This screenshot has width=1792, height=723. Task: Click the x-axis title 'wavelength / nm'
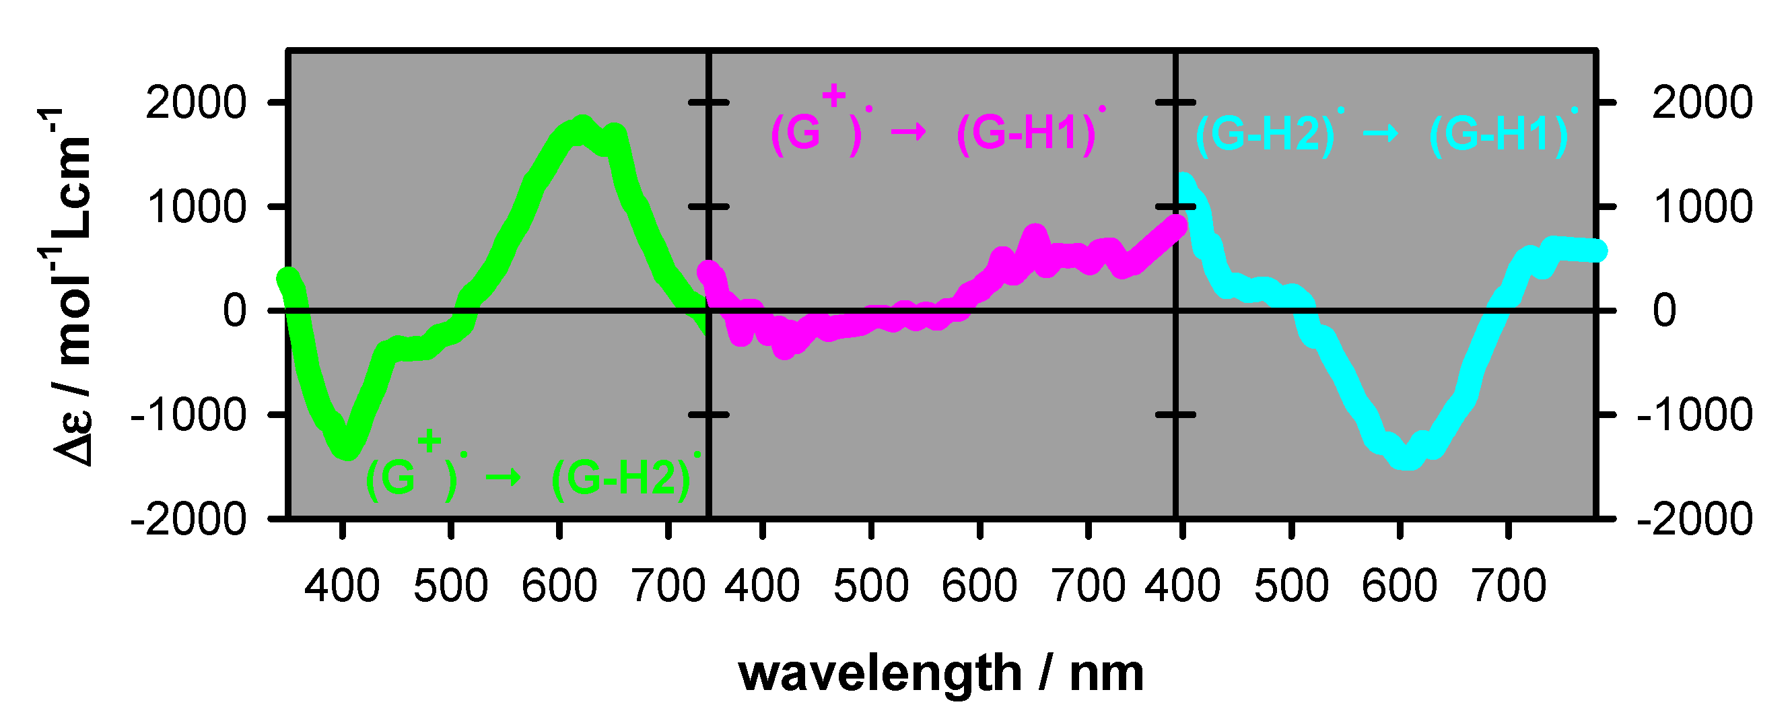(x=940, y=674)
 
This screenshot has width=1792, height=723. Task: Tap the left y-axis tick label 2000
(x=195, y=103)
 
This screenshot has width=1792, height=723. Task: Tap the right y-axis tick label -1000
(x=1694, y=415)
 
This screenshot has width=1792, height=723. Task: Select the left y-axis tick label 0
(x=234, y=310)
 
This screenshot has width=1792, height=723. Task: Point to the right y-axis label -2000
(x=1694, y=519)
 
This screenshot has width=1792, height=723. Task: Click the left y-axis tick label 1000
(x=197, y=207)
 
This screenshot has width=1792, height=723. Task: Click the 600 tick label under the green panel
(x=559, y=586)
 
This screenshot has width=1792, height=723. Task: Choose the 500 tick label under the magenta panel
(x=870, y=586)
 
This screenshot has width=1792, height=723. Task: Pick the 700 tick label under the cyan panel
(x=1508, y=586)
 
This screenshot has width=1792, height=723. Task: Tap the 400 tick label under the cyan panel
(x=1182, y=586)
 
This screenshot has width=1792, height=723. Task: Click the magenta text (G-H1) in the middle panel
(x=1026, y=132)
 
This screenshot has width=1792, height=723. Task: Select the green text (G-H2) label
(x=621, y=478)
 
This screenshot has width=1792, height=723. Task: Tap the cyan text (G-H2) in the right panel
(x=1265, y=133)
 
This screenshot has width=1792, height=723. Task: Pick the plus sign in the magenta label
(x=833, y=96)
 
